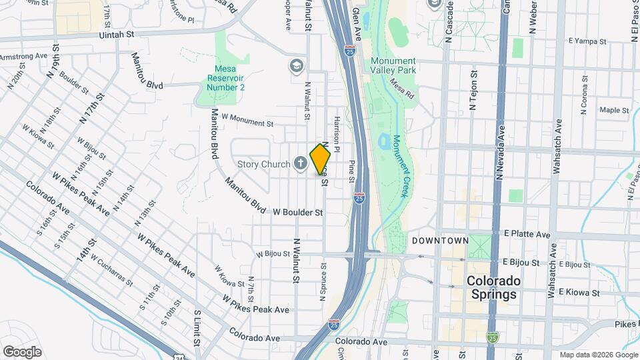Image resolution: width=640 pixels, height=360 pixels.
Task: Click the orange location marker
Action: point(320,160)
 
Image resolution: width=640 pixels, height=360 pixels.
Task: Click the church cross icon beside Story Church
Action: point(300,163)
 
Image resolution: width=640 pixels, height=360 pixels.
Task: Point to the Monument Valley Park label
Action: point(393,65)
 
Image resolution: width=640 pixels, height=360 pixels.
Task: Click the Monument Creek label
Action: point(399,166)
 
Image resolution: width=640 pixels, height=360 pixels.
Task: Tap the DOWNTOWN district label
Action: point(440,240)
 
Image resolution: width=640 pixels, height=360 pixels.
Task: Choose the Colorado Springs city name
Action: point(493,287)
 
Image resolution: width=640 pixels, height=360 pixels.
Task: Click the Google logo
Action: point(22,351)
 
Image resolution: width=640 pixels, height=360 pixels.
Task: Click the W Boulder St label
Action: point(298,212)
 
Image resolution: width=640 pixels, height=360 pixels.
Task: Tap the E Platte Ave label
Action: point(527,235)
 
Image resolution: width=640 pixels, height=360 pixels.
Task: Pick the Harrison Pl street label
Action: point(337,133)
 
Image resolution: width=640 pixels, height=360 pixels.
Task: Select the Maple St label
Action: point(614,110)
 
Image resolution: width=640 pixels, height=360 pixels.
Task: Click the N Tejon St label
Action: point(475,91)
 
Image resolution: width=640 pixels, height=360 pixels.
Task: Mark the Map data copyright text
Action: point(598,355)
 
